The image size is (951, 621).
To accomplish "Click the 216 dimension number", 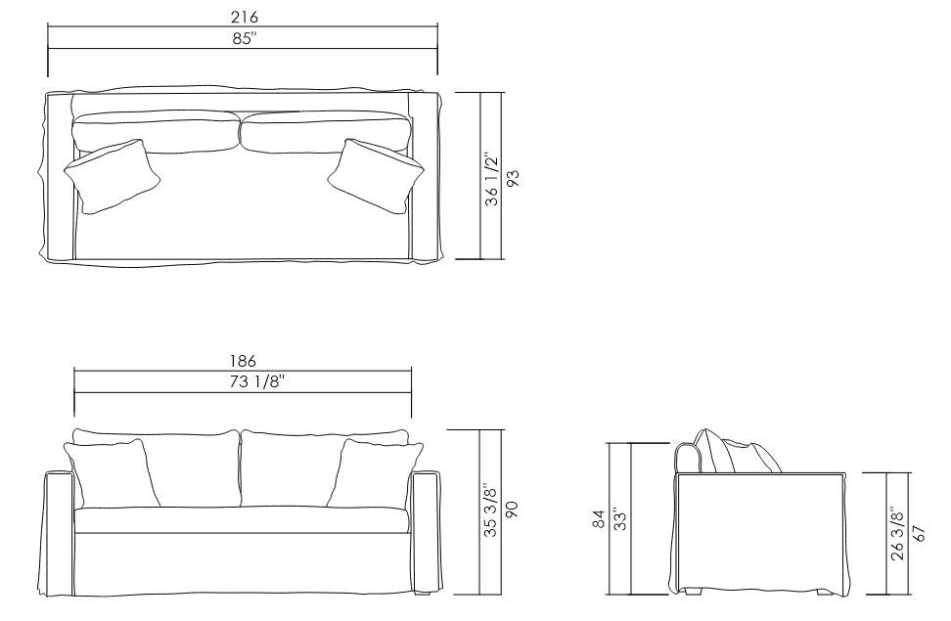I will [243, 18].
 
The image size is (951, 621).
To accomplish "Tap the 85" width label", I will [243, 38].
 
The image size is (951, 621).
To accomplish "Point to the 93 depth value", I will [512, 178].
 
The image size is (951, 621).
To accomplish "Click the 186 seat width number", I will [243, 363].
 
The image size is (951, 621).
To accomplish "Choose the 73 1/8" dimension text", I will [243, 382].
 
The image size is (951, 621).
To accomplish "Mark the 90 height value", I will [512, 511].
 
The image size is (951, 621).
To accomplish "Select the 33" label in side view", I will [618, 518].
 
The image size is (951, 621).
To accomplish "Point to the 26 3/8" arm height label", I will [897, 533].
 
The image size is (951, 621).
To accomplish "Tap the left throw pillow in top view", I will [111, 176].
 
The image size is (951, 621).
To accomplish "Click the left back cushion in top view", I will [157, 131].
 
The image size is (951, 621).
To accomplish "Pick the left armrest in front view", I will [60, 533].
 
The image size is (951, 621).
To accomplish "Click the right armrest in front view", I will [425, 533].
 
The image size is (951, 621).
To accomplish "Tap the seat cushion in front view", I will [242, 520].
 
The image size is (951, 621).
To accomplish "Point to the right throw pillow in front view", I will [377, 472].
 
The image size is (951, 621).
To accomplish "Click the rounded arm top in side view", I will [689, 456].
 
